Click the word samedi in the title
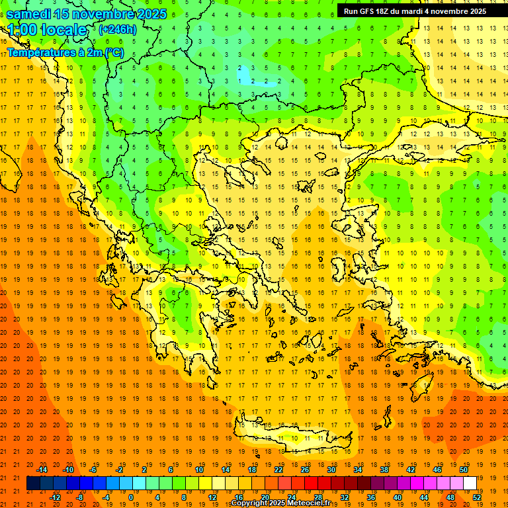click(29, 14)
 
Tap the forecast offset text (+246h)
click(118, 29)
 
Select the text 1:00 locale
click(48, 30)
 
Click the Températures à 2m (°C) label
click(65, 52)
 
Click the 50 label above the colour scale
click(464, 470)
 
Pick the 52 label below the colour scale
click(477, 497)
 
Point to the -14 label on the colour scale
click(42, 470)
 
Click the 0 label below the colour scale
click(131, 497)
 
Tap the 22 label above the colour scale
click(278, 470)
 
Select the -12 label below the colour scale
click(55, 497)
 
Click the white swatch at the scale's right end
click(470, 484)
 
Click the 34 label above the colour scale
click(358, 470)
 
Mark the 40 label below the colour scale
click(398, 497)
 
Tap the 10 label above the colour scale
click(199, 470)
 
